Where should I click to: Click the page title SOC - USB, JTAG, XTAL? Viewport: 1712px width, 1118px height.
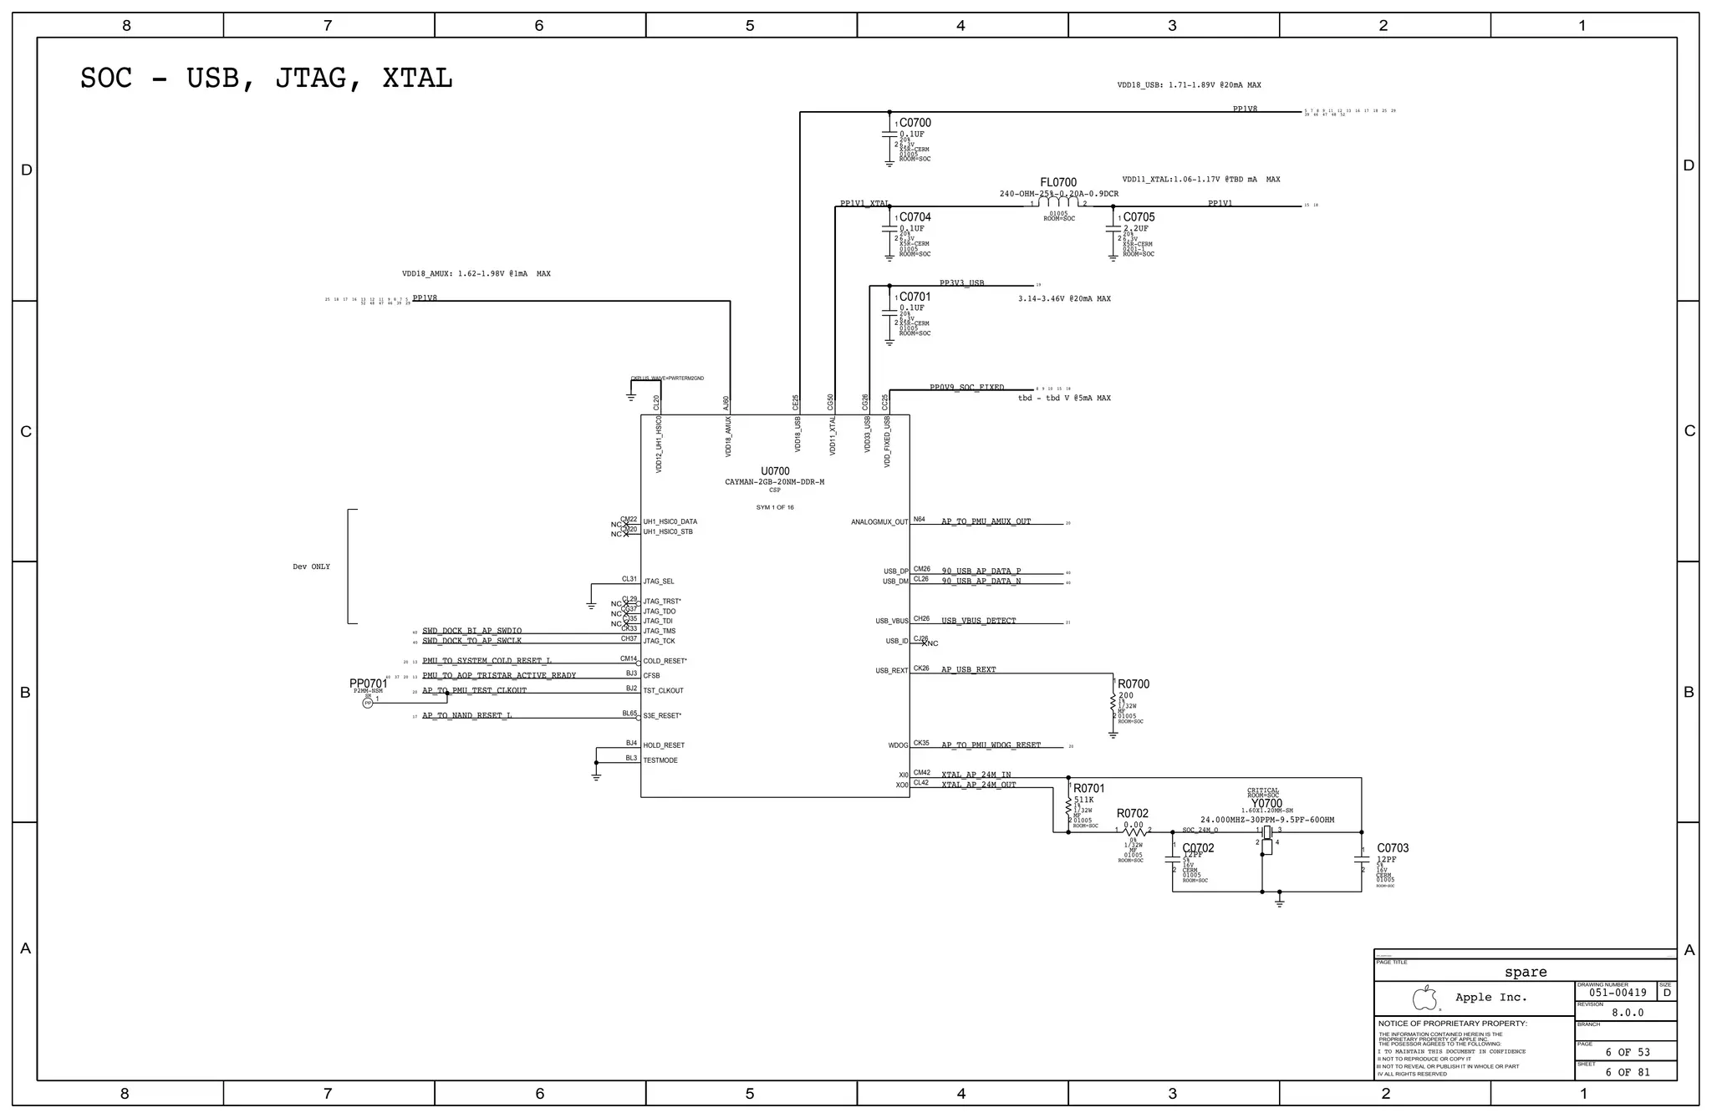click(x=266, y=78)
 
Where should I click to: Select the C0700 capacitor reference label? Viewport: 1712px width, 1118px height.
click(x=915, y=123)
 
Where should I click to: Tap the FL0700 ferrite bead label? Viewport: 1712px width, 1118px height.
click(x=1057, y=182)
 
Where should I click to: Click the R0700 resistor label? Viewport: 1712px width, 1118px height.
click(x=1133, y=684)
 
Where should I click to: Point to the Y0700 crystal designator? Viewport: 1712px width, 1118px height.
click(x=1266, y=804)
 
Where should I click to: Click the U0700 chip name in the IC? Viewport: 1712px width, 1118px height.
click(x=774, y=471)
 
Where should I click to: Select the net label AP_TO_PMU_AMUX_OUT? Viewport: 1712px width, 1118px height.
click(x=986, y=521)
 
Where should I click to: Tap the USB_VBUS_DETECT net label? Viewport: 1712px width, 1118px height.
click(x=978, y=621)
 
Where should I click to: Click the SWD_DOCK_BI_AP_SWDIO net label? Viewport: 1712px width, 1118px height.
click(x=471, y=631)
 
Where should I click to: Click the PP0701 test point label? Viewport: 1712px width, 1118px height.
click(x=368, y=684)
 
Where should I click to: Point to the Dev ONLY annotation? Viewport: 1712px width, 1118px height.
click(x=311, y=567)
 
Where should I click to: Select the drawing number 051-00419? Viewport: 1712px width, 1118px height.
click(x=1618, y=993)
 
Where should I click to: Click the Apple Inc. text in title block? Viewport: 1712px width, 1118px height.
click(x=1490, y=997)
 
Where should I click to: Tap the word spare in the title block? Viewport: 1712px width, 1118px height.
click(x=1525, y=972)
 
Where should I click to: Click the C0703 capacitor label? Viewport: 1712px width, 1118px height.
click(x=1392, y=848)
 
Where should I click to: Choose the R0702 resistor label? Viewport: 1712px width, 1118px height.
click(x=1132, y=813)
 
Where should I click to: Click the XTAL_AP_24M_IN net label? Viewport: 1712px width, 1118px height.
click(x=976, y=775)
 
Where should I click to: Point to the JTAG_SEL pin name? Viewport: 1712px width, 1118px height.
click(x=658, y=582)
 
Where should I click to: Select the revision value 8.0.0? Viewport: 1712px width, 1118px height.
click(x=1627, y=1012)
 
